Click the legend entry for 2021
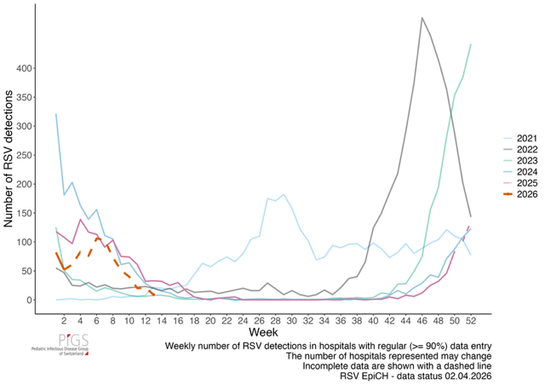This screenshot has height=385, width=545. click(x=518, y=137)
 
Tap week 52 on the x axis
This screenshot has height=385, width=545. click(x=470, y=321)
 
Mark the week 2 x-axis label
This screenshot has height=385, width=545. click(x=65, y=321)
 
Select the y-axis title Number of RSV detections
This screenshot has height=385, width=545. click(x=9, y=161)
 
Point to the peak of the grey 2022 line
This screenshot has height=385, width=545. click(x=422, y=17)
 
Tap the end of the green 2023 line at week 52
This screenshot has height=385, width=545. click(x=471, y=44)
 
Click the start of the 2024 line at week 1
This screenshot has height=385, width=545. click(x=56, y=114)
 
